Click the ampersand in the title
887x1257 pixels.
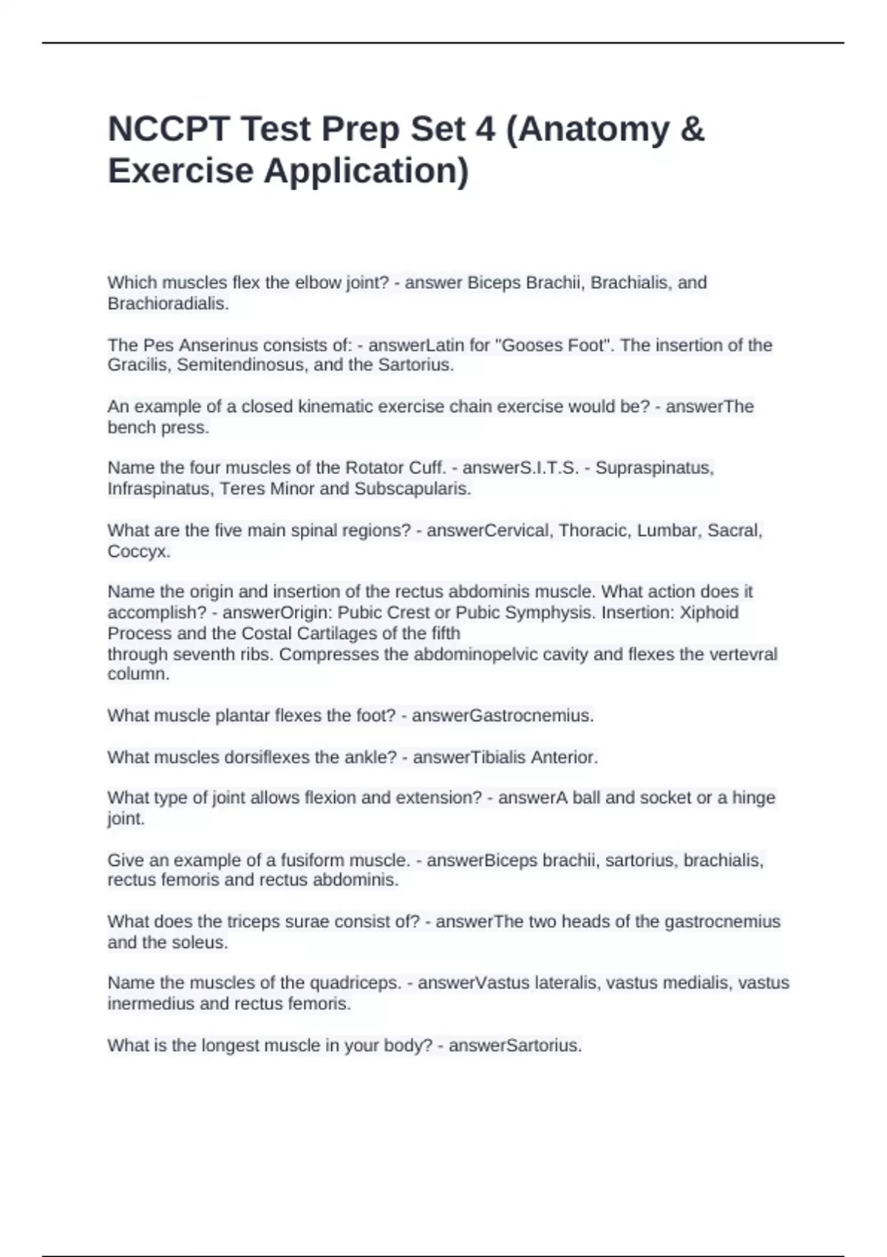[690, 129]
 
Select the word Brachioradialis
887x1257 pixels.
[167, 303]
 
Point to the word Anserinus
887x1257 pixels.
[221, 345]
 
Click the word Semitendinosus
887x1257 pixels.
[248, 365]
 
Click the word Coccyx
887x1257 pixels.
[138, 552]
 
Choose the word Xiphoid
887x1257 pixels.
[709, 613]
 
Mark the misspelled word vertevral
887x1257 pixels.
[743, 654]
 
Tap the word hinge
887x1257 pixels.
[753, 798]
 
